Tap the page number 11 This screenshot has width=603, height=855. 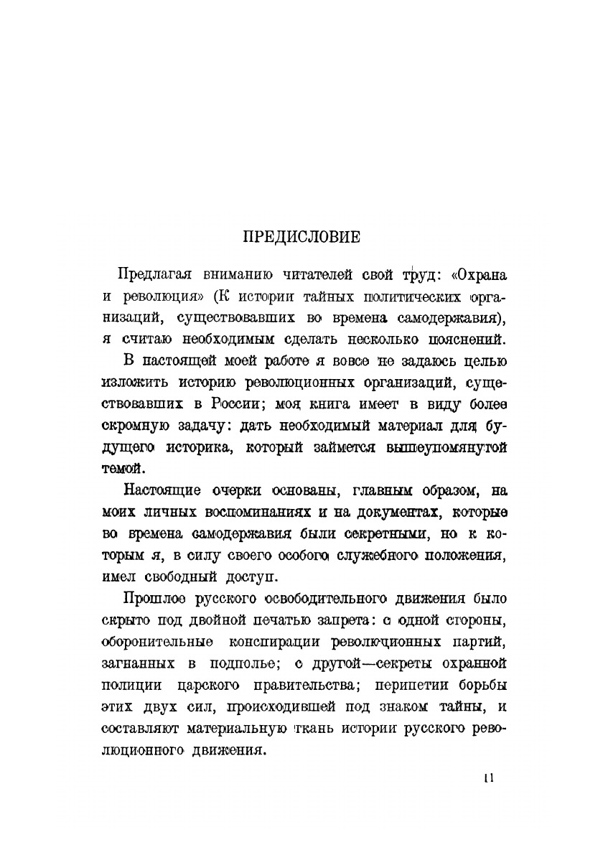point(489,778)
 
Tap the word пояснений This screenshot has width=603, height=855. point(449,338)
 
